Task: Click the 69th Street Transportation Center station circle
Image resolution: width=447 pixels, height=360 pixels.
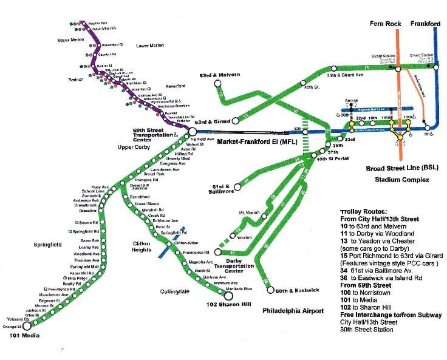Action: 192,131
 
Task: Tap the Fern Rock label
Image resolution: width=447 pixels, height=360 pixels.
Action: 384,24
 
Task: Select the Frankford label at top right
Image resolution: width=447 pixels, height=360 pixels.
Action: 426,24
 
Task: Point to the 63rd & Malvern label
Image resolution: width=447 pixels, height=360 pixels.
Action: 219,74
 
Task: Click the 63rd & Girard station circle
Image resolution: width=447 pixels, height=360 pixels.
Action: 235,120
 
